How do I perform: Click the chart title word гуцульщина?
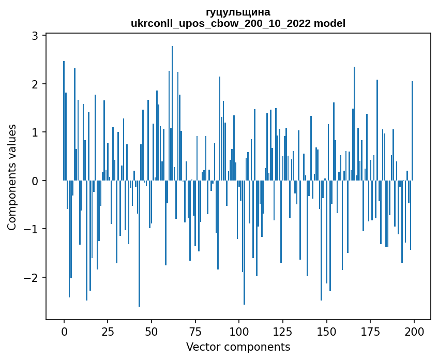coord(238,12)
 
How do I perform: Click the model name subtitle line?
coord(238,23)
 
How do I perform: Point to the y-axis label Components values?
coord(12,177)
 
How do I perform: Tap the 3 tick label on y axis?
coord(35,36)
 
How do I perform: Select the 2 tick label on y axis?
coord(35,84)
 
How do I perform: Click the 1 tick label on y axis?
coord(35,132)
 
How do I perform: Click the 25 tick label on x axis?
coord(108,332)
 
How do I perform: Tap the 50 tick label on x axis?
coord(152,332)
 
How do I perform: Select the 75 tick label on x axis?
coord(195,332)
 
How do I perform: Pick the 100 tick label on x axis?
coord(239,332)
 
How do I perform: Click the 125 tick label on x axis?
coord(283,332)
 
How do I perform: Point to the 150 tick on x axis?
coord(326,332)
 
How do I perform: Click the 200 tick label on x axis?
coord(414,332)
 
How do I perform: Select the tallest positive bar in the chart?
coord(172,113)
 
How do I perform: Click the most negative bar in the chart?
coord(139,244)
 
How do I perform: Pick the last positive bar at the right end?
coord(412,131)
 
